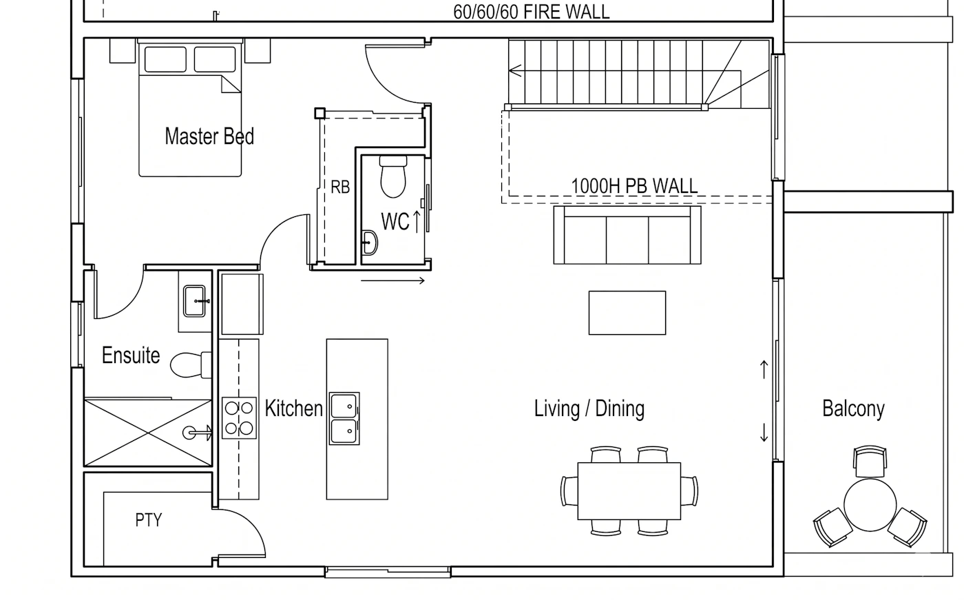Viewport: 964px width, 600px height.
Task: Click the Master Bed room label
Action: click(209, 136)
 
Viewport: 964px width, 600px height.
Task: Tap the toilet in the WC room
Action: click(393, 176)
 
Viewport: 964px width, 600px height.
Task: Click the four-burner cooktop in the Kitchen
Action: click(239, 418)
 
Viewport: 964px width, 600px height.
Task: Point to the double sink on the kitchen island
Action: click(344, 418)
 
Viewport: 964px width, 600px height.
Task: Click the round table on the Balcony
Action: click(870, 505)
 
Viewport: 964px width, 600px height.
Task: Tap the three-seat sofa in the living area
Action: click(627, 235)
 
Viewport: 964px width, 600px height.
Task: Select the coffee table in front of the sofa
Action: click(627, 313)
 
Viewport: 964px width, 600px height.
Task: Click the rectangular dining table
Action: click(629, 491)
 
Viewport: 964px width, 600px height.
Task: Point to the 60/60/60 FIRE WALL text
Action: click(532, 12)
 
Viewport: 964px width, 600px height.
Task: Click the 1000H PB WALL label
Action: click(634, 187)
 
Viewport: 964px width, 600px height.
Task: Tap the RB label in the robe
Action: click(340, 187)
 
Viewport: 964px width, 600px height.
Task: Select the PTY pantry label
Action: click(149, 520)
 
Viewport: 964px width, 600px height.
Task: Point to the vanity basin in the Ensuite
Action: click(194, 301)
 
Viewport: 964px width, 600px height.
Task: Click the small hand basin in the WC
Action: click(369, 243)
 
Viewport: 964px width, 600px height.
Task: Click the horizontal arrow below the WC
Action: click(393, 281)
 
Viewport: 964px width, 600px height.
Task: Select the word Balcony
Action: click(853, 408)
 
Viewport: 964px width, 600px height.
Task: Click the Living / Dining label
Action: click(589, 408)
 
